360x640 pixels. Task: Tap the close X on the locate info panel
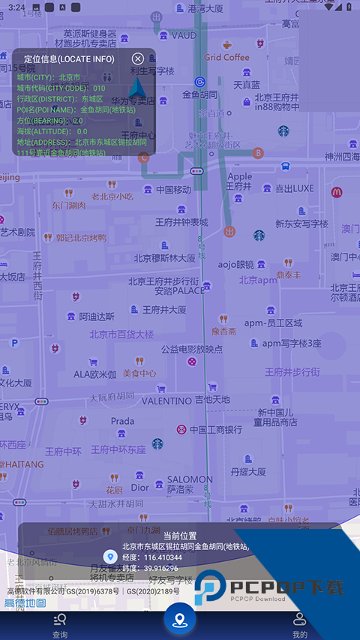pyautogui.click(x=138, y=59)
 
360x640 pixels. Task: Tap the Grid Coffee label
pyautogui.click(x=226, y=57)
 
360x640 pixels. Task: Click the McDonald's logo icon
pyautogui.click(x=337, y=192)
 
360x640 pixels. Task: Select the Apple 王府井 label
pyautogui.click(x=239, y=181)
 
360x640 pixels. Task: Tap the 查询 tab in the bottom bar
pyautogui.click(x=60, y=625)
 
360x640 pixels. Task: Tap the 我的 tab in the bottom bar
pyautogui.click(x=300, y=625)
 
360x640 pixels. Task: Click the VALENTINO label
pyautogui.click(x=166, y=401)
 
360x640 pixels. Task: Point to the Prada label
pyautogui.click(x=123, y=421)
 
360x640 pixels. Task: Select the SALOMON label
pyautogui.click(x=190, y=479)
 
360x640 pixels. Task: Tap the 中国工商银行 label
pyautogui.click(x=215, y=430)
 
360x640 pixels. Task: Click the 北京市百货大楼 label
pyautogui.click(x=121, y=334)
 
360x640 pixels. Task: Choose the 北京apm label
pyautogui.click(x=258, y=280)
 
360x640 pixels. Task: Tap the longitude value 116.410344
pyautogui.click(x=163, y=557)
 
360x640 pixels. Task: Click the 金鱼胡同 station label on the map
pyautogui.click(x=199, y=95)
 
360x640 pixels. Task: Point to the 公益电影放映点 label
pyautogui.click(x=191, y=349)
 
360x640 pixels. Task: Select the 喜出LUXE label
pyautogui.click(x=294, y=188)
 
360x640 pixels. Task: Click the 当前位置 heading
pyautogui.click(x=180, y=536)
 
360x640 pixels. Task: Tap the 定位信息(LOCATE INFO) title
pyautogui.click(x=69, y=59)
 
